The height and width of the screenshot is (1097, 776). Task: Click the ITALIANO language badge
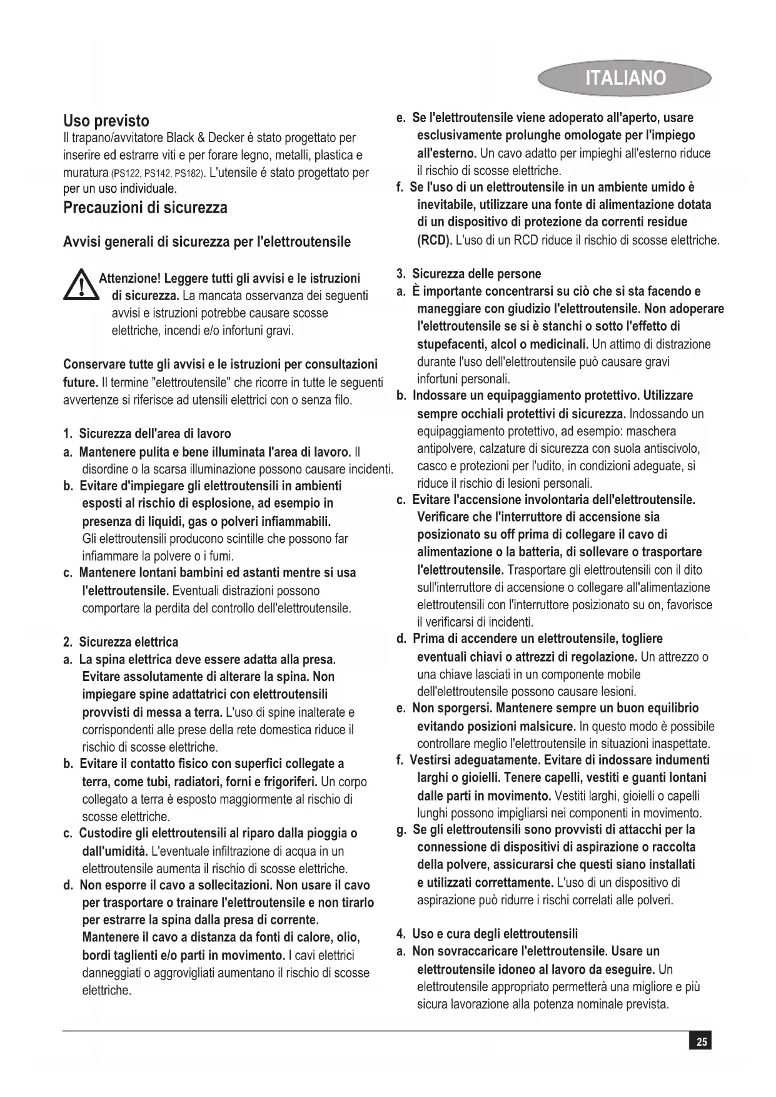click(x=625, y=78)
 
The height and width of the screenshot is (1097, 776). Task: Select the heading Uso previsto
click(x=106, y=121)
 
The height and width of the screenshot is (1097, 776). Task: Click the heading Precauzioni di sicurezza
click(x=145, y=208)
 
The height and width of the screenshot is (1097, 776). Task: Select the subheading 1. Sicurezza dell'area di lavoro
click(x=147, y=433)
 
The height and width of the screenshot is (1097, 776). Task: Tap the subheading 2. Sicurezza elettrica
click(x=121, y=642)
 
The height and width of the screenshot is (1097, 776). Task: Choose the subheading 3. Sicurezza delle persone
click(x=469, y=274)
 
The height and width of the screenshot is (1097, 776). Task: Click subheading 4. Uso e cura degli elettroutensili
click(x=487, y=934)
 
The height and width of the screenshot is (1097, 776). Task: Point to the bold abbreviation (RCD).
click(x=434, y=240)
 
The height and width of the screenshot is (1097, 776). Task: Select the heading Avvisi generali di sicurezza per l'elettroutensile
click(x=207, y=242)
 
